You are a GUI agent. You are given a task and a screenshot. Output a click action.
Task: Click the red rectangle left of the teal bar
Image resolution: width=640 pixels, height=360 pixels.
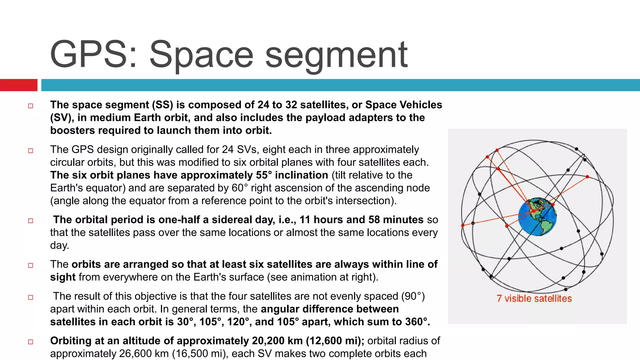click(18, 85)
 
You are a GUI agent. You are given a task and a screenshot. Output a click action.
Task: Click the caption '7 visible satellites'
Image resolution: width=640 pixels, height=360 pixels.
click(534, 298)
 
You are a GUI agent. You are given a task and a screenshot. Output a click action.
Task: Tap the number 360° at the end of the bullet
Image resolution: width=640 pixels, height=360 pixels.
click(417, 322)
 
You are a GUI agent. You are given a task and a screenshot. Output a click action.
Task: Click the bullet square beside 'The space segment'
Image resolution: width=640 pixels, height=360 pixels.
click(31, 106)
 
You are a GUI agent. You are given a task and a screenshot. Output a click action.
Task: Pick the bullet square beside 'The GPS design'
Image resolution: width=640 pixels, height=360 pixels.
click(31, 151)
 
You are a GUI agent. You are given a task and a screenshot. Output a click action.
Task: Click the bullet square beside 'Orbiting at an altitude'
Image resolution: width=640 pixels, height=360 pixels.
click(31, 342)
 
